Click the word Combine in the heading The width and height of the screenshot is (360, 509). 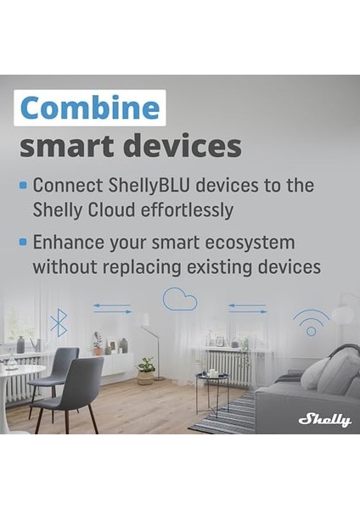[90, 108]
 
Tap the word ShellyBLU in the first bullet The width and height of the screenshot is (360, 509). [141, 185]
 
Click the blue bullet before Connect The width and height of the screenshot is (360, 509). [23, 183]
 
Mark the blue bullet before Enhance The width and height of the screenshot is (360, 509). [23, 242]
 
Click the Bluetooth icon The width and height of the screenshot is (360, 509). [58, 322]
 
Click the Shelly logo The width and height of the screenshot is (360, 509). [323, 419]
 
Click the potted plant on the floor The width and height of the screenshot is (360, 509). [147, 371]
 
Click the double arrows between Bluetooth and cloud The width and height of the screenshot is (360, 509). [112, 310]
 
